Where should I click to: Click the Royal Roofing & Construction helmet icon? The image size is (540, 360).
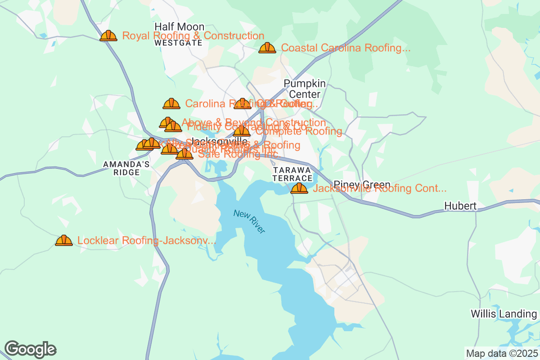point(108,36)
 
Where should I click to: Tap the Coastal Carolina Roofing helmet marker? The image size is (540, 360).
point(267,48)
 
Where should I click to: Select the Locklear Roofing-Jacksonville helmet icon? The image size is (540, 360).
point(64,241)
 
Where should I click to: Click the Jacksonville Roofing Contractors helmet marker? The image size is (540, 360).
point(299,189)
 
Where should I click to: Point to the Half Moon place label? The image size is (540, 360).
point(179,27)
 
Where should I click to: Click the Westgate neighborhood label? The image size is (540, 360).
point(178,43)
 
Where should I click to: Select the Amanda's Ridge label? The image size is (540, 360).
point(126,169)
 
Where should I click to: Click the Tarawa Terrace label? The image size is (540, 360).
point(292,174)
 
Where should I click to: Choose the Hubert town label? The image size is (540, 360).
point(460,206)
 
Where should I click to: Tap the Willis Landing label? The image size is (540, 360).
point(504,314)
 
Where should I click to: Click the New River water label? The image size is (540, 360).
point(249,221)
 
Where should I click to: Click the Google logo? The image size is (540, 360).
point(31,349)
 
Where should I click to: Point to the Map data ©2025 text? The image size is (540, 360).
point(501,353)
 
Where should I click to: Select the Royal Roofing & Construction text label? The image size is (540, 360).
point(193,36)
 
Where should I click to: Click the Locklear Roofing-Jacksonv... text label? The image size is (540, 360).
point(147,241)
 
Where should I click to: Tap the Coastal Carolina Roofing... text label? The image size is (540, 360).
point(346,48)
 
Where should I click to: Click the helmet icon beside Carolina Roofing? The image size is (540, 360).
point(171,104)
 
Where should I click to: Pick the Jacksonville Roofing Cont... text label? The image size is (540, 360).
point(379,189)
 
